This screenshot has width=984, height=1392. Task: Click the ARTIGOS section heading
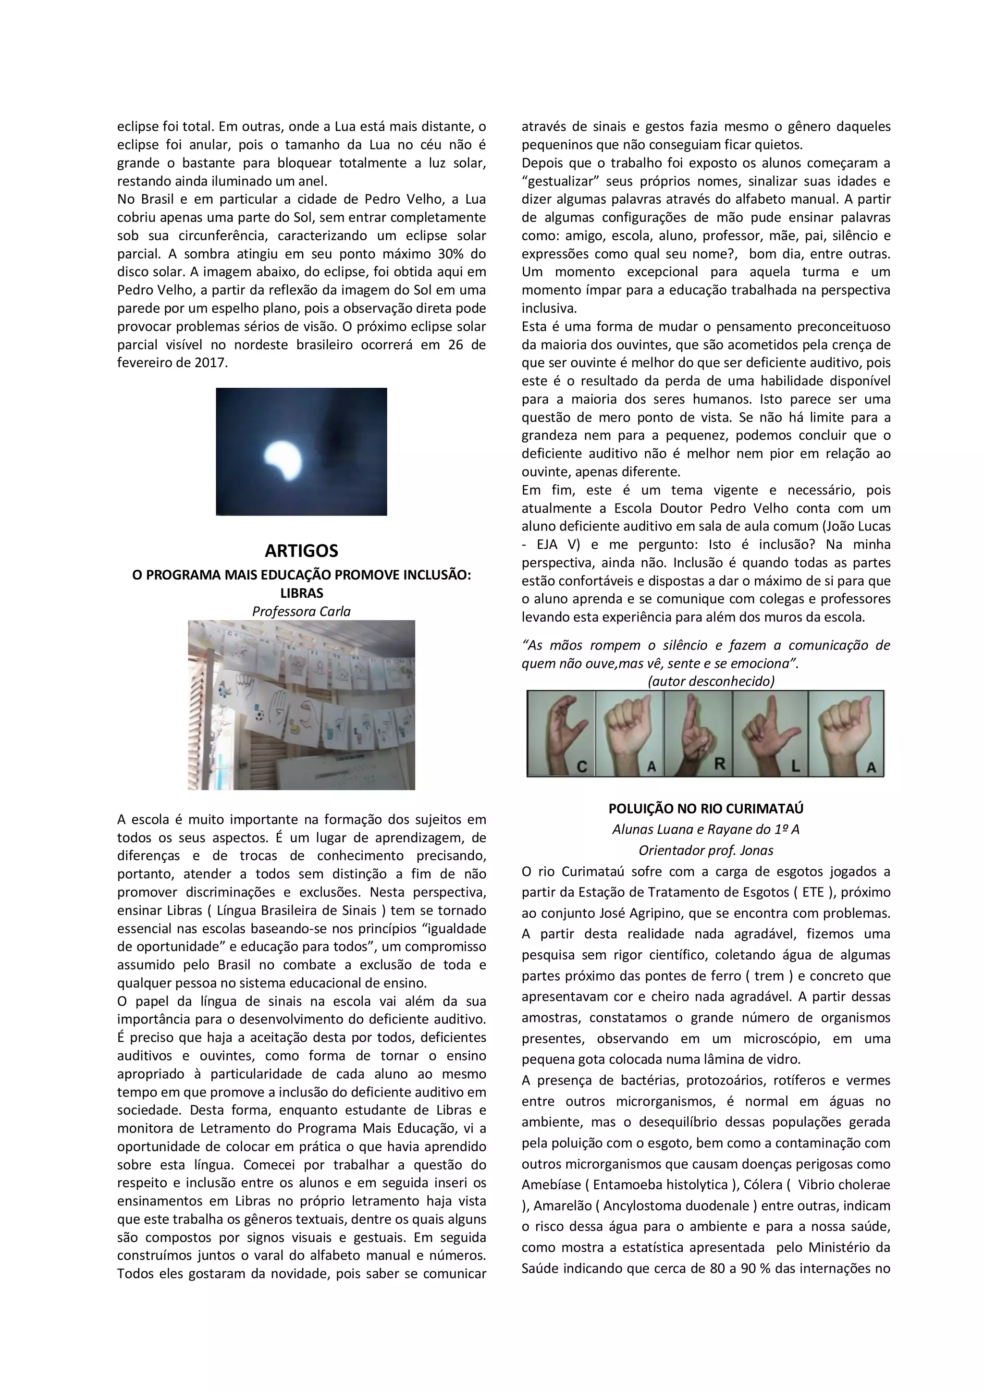click(301, 551)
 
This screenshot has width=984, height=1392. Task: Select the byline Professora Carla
click(301, 611)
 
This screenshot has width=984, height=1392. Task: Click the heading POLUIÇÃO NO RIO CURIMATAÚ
click(706, 808)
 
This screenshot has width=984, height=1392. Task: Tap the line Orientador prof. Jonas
click(706, 850)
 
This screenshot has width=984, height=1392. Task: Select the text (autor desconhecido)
click(711, 681)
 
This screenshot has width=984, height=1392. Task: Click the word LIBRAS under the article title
click(301, 593)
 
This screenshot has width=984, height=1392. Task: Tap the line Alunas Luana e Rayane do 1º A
click(706, 829)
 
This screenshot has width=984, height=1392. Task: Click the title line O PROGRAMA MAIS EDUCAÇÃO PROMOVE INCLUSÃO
click(301, 575)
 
